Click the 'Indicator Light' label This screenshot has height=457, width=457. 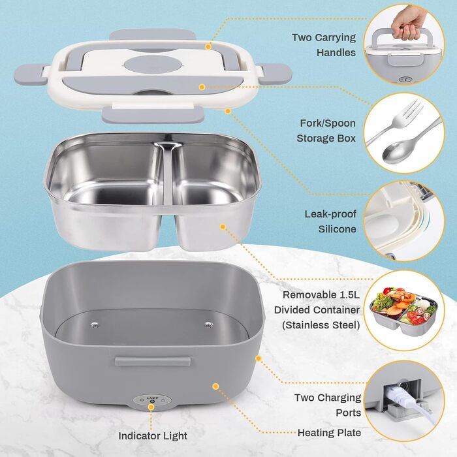tap(152, 435)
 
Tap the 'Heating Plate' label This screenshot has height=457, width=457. tap(329, 432)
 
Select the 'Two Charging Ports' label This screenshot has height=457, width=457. tap(328, 405)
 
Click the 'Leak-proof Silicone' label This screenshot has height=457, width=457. tap(330, 221)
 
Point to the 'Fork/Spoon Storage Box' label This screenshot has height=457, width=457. tap(326, 131)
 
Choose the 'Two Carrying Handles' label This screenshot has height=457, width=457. tap(324, 45)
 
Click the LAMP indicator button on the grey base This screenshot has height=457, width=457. tap(152, 402)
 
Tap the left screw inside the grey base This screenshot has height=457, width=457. tap(94, 325)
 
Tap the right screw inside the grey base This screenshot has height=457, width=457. tap(208, 325)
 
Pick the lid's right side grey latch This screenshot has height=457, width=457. tap(276, 74)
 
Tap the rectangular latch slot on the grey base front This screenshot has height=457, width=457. tap(153, 361)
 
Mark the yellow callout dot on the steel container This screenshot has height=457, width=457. tap(223, 227)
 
